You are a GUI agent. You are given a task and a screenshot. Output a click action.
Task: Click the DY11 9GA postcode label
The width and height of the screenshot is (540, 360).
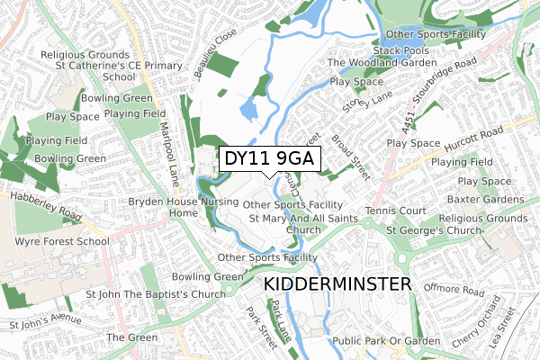point(269,158)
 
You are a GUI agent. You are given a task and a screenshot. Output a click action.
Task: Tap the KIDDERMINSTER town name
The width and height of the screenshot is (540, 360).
point(338,284)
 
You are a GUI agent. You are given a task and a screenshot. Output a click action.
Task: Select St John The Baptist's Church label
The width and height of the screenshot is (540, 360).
point(155,294)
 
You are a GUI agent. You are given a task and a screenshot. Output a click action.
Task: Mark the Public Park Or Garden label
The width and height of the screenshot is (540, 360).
point(385,341)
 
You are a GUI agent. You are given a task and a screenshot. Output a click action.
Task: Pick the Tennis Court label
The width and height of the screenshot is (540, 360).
point(395,211)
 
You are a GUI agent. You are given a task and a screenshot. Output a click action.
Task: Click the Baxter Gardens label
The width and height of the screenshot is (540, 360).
point(486,199)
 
